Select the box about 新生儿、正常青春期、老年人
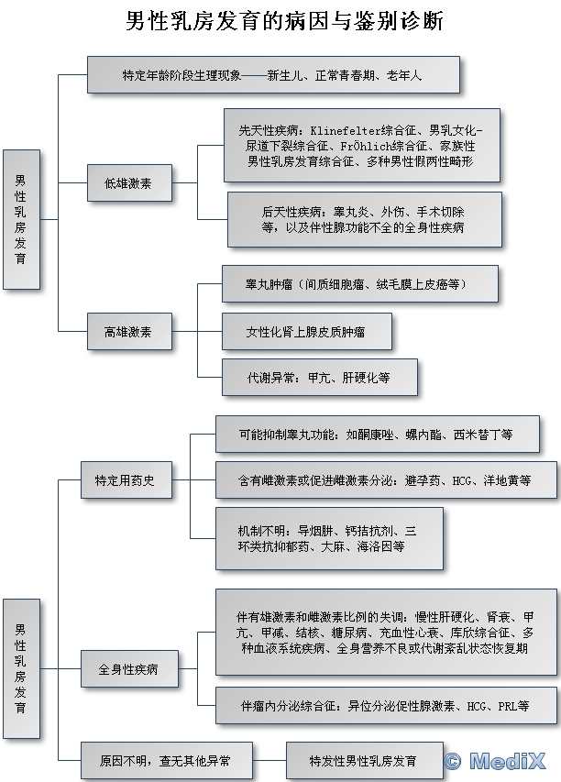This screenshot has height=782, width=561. click(273, 74)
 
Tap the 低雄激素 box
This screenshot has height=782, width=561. click(129, 183)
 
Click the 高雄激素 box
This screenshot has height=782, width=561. click(129, 331)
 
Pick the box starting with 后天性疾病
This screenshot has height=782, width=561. click(364, 218)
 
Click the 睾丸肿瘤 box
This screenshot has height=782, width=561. click(359, 284)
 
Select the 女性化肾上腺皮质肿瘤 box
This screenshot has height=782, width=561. click(306, 331)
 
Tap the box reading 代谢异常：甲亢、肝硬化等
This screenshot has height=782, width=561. click(318, 377)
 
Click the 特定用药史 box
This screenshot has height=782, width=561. click(125, 479)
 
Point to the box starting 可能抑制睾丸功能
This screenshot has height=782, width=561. click(376, 434)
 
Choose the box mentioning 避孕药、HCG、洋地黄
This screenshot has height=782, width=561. click(384, 479)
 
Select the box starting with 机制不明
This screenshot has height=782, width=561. click(328, 537)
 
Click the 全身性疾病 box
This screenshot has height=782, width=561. click(128, 669)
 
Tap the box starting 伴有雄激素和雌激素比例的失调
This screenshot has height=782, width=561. click(385, 633)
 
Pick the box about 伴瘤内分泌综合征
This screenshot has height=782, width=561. click(385, 706)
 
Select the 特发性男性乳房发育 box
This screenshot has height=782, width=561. click(363, 760)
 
